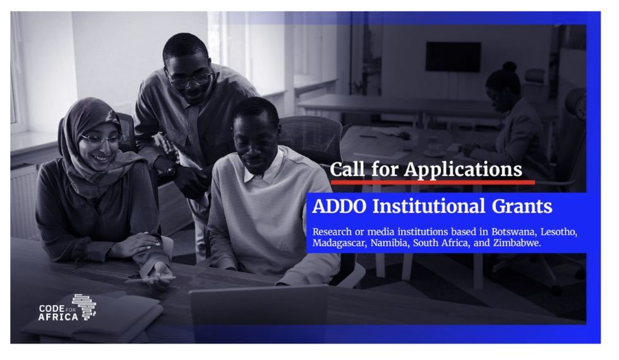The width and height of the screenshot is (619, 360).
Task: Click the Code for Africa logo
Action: coord(67,308)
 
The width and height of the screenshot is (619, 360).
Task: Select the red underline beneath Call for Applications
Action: coord(432,183)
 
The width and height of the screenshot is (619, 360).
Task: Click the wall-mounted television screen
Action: coord(453,57)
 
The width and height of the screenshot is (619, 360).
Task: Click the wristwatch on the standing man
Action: coord(171,171)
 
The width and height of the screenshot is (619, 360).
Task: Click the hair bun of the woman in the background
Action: coord(509,66)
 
